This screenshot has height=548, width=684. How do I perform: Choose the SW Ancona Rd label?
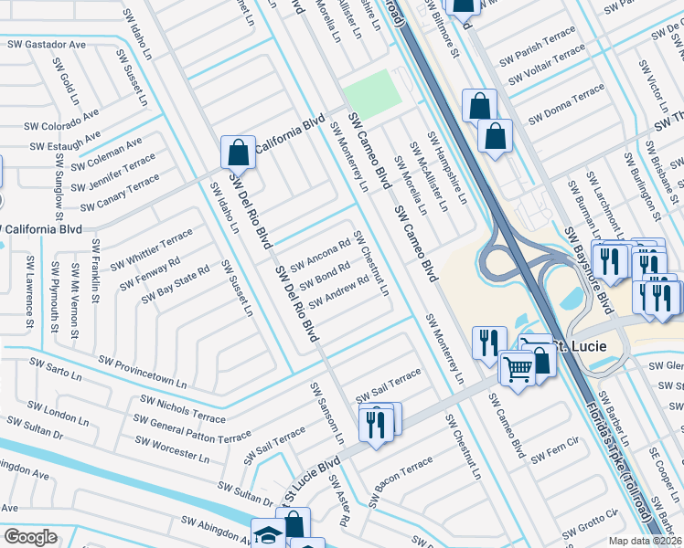(320, 256)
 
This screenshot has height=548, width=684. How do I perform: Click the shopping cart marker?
(517, 368)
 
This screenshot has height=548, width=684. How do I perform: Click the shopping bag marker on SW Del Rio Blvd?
(238, 152)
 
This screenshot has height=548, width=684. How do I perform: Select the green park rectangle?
(373, 90)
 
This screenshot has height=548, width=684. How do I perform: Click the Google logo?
(30, 537)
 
